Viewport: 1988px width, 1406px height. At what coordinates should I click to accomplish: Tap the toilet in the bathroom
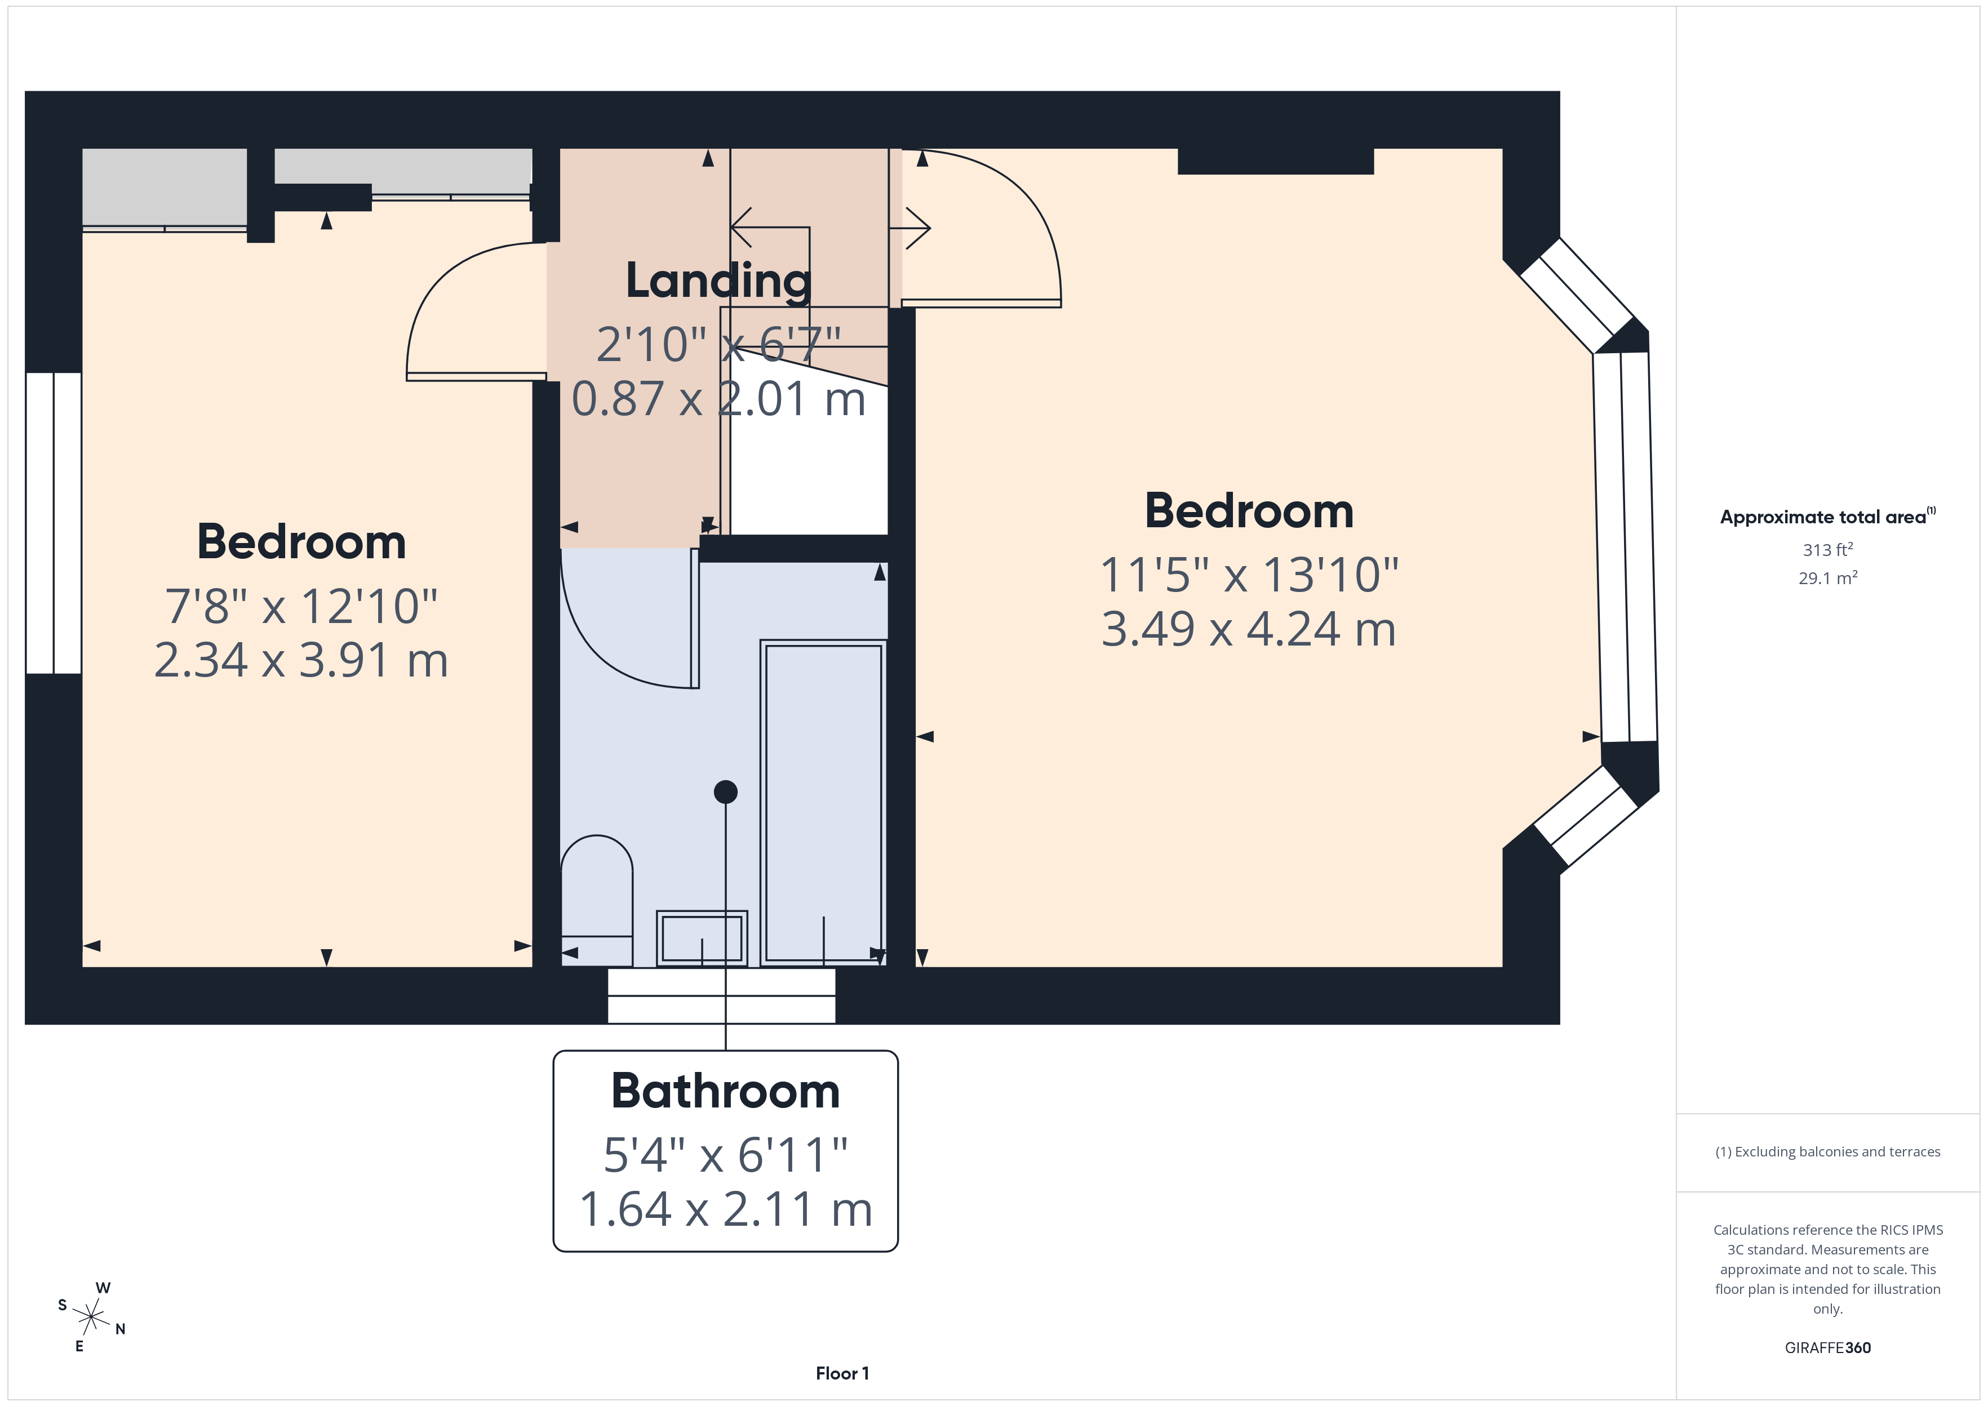[x=597, y=900]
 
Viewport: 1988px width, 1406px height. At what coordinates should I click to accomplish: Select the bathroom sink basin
[x=702, y=938]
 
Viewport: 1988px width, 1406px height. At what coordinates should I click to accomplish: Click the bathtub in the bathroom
[x=823, y=802]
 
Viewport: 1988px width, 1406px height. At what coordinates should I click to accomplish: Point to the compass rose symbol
[x=91, y=1318]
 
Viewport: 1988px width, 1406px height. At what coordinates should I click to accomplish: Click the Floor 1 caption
[x=842, y=1373]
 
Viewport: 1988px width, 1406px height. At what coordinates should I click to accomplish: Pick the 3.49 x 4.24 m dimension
[x=1248, y=629]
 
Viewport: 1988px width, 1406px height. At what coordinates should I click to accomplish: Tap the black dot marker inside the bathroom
[x=726, y=791]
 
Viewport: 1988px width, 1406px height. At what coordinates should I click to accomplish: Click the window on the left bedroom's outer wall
[x=54, y=523]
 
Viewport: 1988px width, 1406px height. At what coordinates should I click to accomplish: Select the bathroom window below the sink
[x=721, y=995]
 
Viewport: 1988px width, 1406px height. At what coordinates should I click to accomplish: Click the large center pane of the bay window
[x=1625, y=547]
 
